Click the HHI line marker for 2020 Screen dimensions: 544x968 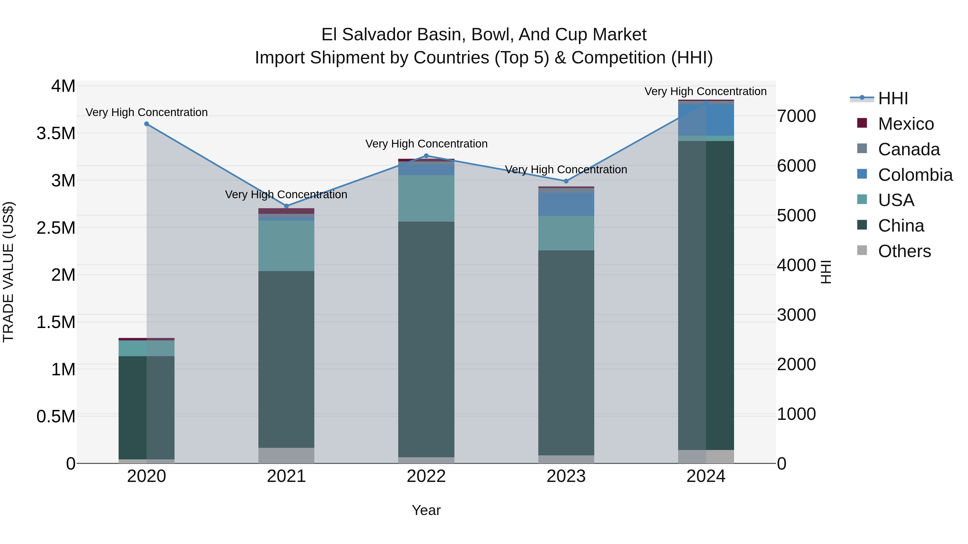coord(147,124)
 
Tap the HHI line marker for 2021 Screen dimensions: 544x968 coord(286,206)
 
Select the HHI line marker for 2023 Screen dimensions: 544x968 coord(566,181)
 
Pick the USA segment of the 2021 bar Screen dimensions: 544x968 coord(286,246)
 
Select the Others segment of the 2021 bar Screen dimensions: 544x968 coord(286,455)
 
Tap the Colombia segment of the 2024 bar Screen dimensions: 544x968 coord(706,120)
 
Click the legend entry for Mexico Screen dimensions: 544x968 coord(906,124)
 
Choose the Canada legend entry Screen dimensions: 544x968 coord(909,149)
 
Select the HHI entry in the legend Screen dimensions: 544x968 coord(893,98)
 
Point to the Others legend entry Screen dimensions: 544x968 coord(904,251)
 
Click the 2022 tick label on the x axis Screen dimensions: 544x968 coord(426,476)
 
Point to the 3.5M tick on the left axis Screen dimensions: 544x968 coord(56,133)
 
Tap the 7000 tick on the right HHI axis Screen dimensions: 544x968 coord(796,116)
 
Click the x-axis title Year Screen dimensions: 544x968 coord(426,510)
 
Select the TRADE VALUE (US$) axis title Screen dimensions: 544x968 coord(8,272)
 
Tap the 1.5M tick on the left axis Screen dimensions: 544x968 coord(56,322)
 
